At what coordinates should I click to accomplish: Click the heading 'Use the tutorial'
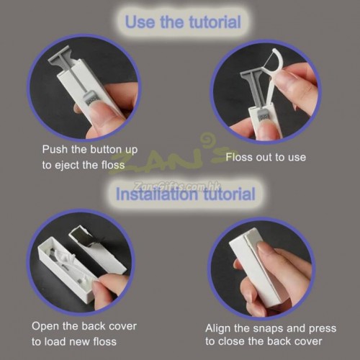(x=183, y=22)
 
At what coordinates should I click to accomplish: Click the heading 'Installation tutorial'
(x=185, y=194)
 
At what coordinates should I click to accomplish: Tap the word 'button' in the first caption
(x=105, y=149)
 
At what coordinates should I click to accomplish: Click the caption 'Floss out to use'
(x=266, y=158)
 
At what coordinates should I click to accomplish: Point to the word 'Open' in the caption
(x=45, y=327)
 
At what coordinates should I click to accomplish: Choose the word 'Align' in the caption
(x=217, y=329)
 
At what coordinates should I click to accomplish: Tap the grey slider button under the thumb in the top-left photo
(x=90, y=99)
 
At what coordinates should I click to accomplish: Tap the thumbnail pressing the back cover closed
(x=264, y=247)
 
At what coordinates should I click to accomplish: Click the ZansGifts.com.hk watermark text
(x=174, y=186)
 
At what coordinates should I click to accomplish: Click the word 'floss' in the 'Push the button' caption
(x=113, y=165)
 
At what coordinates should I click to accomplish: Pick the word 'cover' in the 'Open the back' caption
(x=122, y=327)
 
